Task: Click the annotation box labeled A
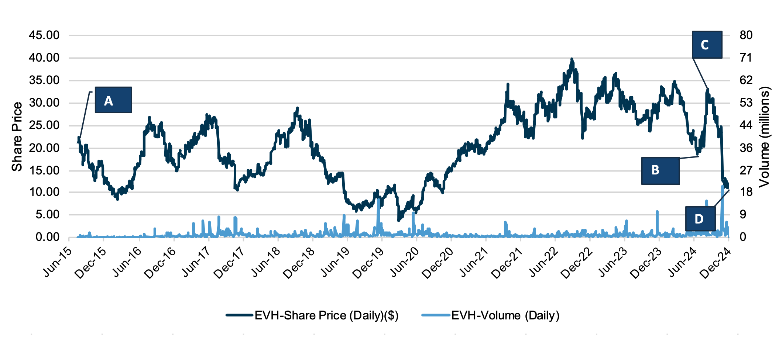tap(113, 100)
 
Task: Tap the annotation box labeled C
tap(707, 45)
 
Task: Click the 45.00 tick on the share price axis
tap(44, 35)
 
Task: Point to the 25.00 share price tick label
tap(44, 125)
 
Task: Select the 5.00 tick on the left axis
tap(47, 215)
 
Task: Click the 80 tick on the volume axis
tap(746, 35)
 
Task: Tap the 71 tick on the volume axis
tap(745, 58)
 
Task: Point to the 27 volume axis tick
tap(745, 170)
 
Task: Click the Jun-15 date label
tap(58, 262)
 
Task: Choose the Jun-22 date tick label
tap(543, 262)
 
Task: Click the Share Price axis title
tap(17, 136)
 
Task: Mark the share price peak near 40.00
tap(572, 59)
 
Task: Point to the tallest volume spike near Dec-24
tap(723, 187)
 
